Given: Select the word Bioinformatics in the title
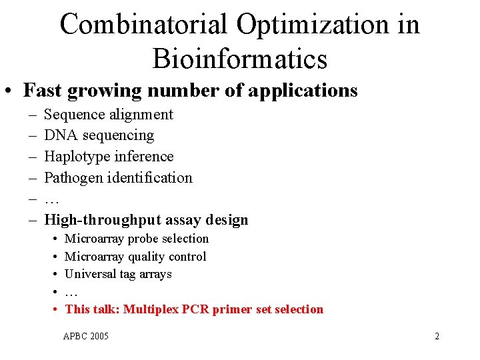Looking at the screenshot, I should (240, 59).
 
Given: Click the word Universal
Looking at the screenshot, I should (91, 274).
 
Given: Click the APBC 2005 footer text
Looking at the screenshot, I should (85, 336).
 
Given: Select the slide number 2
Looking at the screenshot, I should (437, 336).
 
